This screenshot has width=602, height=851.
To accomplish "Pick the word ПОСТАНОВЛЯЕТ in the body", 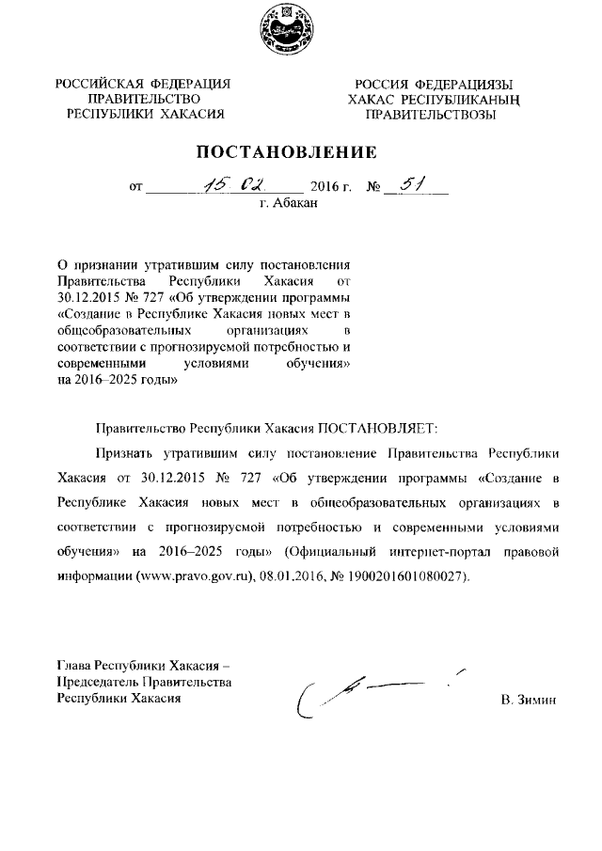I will click(374, 428).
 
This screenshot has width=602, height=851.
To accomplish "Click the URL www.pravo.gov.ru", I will click(199, 575).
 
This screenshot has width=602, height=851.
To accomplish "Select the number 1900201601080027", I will click(408, 575).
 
